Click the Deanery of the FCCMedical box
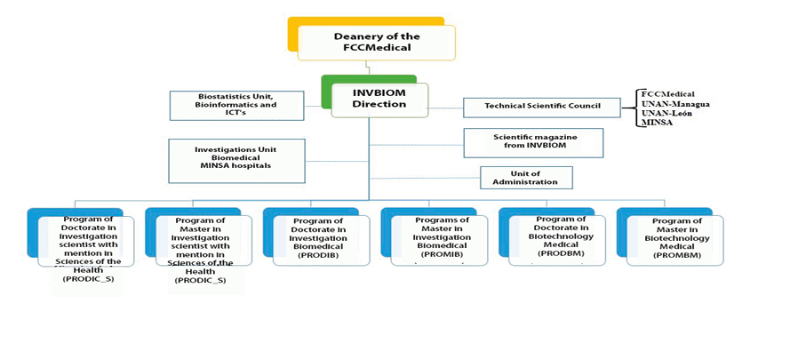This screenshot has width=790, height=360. (376, 42)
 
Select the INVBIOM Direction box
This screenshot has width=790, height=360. (379, 100)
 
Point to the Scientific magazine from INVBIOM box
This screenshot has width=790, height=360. (533, 142)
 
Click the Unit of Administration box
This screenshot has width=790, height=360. (526, 177)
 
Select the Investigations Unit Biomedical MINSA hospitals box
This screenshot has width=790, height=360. (236, 160)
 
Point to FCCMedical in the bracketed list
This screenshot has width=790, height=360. (667, 94)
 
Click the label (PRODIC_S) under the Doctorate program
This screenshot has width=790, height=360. (88, 279)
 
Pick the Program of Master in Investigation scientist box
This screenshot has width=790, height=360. (200, 240)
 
